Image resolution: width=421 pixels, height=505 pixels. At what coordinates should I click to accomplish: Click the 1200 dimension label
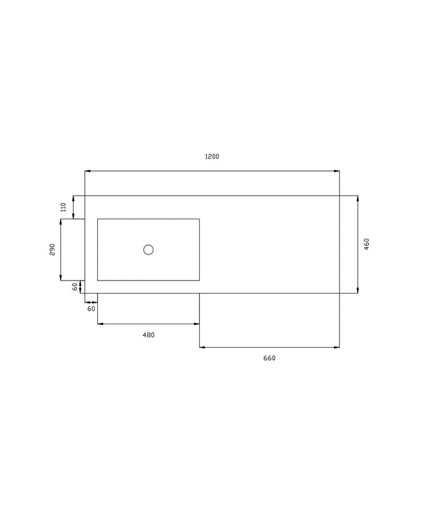pyautogui.click(x=212, y=157)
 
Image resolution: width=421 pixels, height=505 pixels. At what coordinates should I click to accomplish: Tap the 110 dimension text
pyautogui.click(x=63, y=207)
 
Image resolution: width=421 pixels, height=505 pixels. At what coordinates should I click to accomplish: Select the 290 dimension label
pyautogui.click(x=52, y=250)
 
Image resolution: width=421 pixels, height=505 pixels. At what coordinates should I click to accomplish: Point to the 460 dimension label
pyautogui.click(x=367, y=244)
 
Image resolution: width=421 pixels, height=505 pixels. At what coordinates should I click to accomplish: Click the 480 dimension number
pyautogui.click(x=149, y=335)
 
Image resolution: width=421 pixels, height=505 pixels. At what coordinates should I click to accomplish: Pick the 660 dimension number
pyautogui.click(x=270, y=358)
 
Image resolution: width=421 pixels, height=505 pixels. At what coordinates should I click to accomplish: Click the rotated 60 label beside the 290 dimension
pyautogui.click(x=74, y=286)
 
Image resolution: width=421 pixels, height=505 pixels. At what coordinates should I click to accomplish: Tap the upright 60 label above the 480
pyautogui.click(x=91, y=309)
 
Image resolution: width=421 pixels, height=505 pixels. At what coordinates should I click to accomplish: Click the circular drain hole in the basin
pyautogui.click(x=148, y=250)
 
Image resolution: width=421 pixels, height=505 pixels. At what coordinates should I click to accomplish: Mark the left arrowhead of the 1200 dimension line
pyautogui.click(x=87, y=171)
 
